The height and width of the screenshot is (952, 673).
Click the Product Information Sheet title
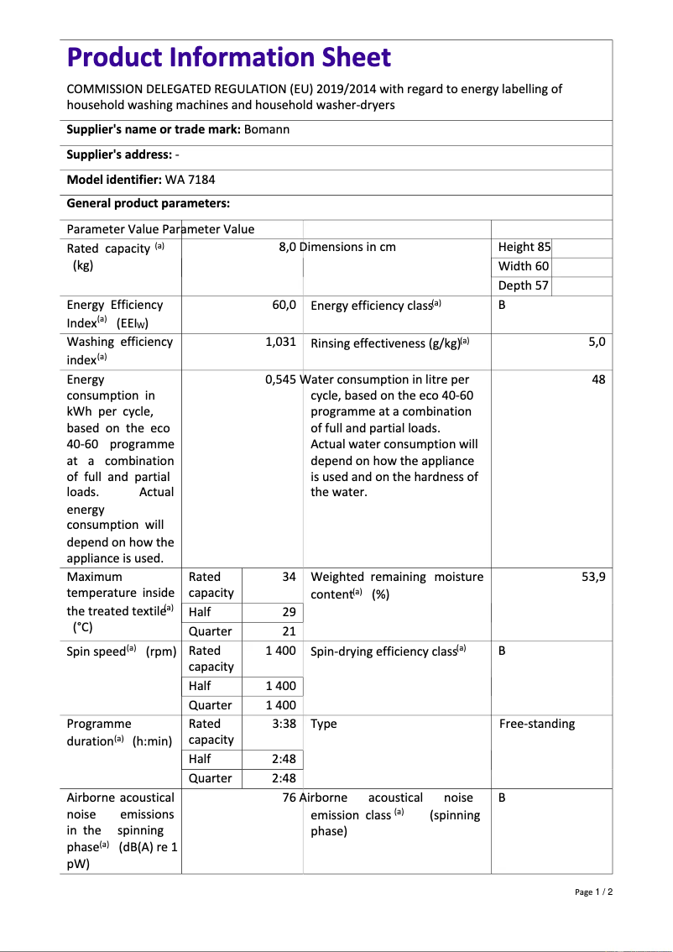pyautogui.click(x=228, y=57)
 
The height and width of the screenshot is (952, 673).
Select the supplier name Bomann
pyautogui.click(x=267, y=129)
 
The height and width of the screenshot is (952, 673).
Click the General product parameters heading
pyautogui.click(x=148, y=203)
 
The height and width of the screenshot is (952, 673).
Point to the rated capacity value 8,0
pyautogui.click(x=287, y=247)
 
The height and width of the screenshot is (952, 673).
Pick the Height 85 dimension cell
pyautogui.click(x=524, y=247)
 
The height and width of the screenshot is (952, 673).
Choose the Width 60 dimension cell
pyautogui.click(x=524, y=266)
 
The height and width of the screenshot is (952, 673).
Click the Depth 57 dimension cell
pyautogui.click(x=524, y=285)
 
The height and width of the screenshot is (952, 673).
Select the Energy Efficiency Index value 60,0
pyautogui.click(x=284, y=305)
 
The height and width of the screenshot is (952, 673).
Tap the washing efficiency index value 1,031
pyautogui.click(x=280, y=342)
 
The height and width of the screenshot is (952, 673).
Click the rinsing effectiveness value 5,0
pyautogui.click(x=597, y=342)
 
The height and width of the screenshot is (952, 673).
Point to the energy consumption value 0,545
pyautogui.click(x=280, y=379)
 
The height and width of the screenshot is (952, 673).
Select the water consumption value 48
pyautogui.click(x=598, y=379)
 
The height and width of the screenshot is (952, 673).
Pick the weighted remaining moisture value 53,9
pyautogui.click(x=593, y=577)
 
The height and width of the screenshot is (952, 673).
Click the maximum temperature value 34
pyautogui.click(x=289, y=577)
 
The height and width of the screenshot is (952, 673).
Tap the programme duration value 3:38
pyautogui.click(x=284, y=724)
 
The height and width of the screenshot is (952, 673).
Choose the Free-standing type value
pyautogui.click(x=537, y=724)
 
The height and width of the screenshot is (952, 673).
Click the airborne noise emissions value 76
pyautogui.click(x=290, y=798)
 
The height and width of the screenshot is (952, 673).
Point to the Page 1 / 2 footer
pyautogui.click(x=594, y=892)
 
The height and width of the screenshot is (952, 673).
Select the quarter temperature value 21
pyautogui.click(x=289, y=631)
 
